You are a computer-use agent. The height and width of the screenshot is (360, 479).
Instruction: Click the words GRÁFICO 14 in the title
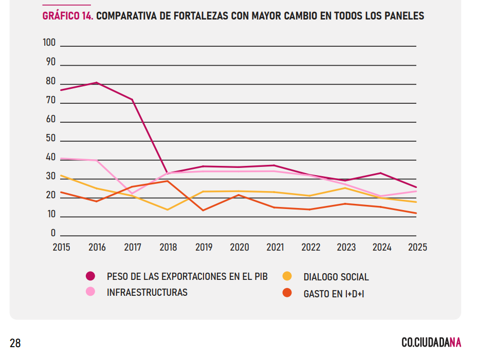click(67, 16)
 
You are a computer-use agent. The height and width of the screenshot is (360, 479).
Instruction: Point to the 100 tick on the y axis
click(49, 43)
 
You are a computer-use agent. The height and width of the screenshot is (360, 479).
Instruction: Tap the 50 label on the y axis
click(51, 138)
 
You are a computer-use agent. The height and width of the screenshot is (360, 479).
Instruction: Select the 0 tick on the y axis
click(53, 233)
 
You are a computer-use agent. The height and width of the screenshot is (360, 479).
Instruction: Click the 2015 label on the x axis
click(62, 247)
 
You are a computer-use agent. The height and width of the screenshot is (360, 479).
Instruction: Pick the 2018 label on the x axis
click(168, 247)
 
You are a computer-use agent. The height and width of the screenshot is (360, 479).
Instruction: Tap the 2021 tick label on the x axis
click(275, 247)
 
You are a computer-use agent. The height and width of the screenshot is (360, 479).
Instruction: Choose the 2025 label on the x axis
click(417, 247)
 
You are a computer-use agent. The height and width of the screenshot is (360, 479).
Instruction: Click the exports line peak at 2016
click(97, 83)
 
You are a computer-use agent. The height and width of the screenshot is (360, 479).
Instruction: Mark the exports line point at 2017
click(133, 100)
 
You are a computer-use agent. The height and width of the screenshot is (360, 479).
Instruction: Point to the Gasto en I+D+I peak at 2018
click(168, 181)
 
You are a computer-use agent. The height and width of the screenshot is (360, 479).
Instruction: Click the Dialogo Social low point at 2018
click(168, 210)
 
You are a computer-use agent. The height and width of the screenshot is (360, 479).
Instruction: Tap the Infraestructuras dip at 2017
click(133, 194)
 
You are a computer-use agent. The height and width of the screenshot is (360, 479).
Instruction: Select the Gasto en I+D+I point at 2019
click(204, 210)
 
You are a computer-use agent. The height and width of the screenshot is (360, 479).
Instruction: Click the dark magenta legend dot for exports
click(90, 276)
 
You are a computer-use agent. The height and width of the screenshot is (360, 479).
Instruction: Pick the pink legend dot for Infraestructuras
click(90, 292)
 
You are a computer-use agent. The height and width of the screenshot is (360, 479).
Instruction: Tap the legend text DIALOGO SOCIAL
click(336, 277)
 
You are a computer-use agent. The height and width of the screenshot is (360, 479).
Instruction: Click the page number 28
click(15, 343)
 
